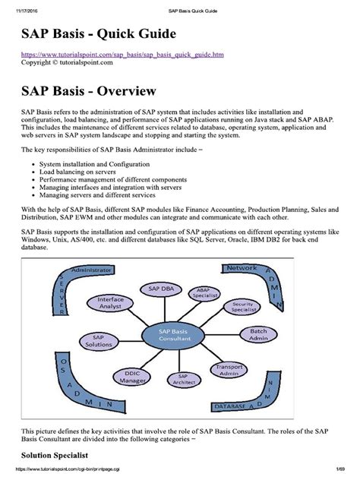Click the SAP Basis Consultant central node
pos(179,334)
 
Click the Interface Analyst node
pos(110,303)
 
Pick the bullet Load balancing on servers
pos(81,171)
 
